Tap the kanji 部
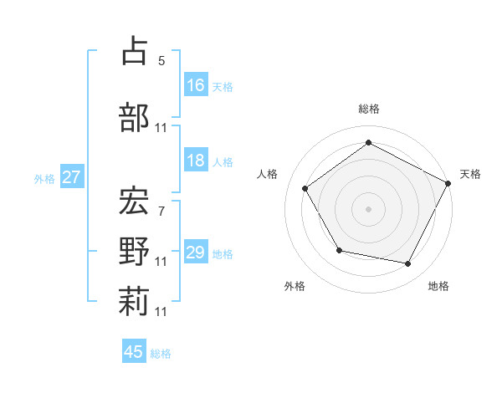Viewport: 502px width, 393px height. [x=135, y=117]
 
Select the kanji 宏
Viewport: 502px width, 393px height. [x=135, y=199]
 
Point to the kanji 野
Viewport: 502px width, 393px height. [x=135, y=251]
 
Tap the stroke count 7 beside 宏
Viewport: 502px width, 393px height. [x=161, y=211]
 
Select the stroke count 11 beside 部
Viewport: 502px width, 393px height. [x=161, y=129]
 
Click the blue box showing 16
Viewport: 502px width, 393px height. [x=196, y=85]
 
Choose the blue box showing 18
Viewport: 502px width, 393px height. [x=196, y=161]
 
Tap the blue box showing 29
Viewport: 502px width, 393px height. [x=196, y=253]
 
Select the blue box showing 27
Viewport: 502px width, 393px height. [x=71, y=177]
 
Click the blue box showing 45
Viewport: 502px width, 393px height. [x=134, y=352]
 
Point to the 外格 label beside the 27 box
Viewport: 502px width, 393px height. [x=44, y=178]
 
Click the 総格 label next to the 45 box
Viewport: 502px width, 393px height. [x=161, y=354]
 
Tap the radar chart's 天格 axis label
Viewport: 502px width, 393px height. [x=470, y=174]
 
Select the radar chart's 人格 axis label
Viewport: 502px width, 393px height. [x=268, y=174]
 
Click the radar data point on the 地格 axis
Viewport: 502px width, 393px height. [x=408, y=264]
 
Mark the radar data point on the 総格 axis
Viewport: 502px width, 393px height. [x=368, y=143]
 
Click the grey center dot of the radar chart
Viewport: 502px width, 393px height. [x=368, y=208]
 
